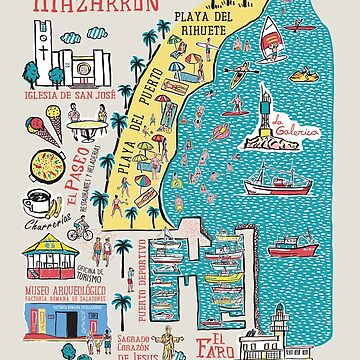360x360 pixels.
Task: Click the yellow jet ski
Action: [x=306, y=73]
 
